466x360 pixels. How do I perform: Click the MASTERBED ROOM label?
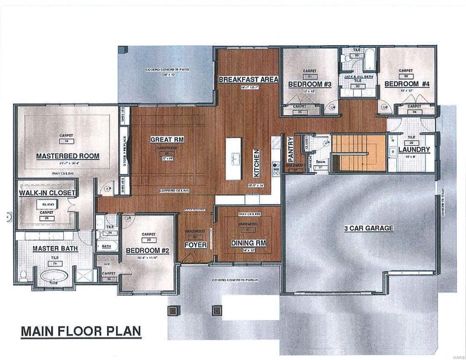[67, 156]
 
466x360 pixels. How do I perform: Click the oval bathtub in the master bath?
[54, 277]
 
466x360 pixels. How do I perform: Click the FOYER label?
[195, 245]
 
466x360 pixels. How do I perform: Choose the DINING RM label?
[248, 243]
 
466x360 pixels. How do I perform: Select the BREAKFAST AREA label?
[248, 79]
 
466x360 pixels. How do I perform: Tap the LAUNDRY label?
[414, 149]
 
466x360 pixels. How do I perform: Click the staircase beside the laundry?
[359, 153]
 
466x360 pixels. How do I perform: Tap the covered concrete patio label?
[166, 70]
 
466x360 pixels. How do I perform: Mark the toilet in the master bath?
[23, 276]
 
